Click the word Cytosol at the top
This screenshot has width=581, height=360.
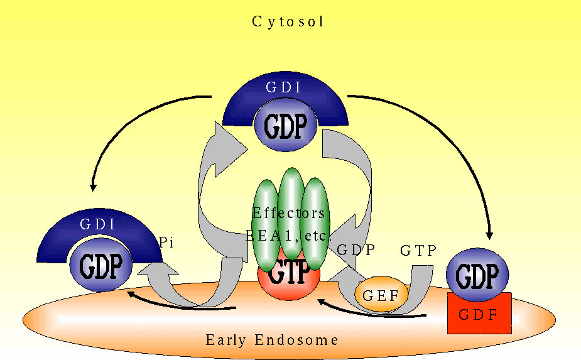click(x=288, y=22)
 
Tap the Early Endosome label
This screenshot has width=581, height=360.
click(x=272, y=341)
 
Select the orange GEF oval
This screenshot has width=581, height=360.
click(x=381, y=293)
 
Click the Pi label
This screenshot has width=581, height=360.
click(x=166, y=242)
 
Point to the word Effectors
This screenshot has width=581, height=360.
click(x=288, y=213)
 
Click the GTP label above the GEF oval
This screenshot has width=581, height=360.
click(x=418, y=251)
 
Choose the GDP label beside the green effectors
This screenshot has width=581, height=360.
click(x=356, y=249)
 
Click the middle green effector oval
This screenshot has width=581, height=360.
click(x=291, y=207)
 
